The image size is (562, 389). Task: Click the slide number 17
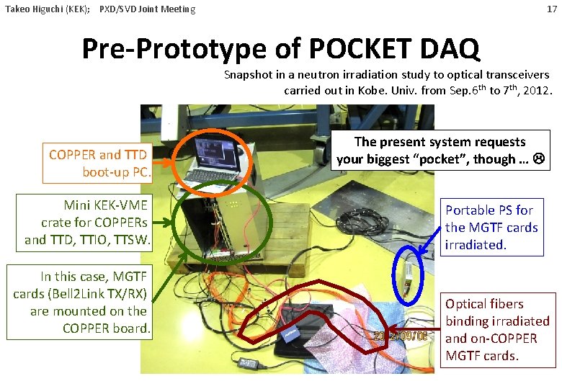(x=551, y=9)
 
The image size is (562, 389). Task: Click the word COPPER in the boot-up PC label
(x=71, y=155)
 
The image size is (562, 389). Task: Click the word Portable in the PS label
(x=469, y=210)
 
